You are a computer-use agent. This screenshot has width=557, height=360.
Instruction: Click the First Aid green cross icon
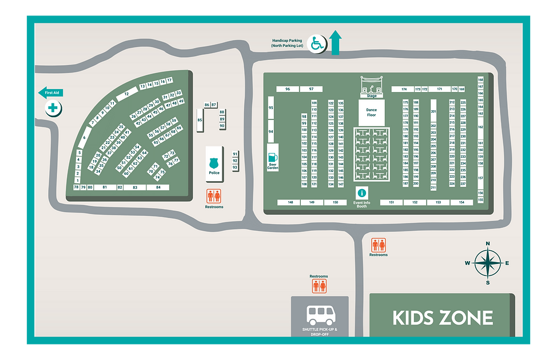coord(53,107)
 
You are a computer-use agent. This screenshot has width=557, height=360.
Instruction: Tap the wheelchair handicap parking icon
coord(316,43)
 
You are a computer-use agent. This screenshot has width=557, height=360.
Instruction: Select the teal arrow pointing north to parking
coord(336,43)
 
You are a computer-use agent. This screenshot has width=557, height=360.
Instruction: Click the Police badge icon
coord(214,162)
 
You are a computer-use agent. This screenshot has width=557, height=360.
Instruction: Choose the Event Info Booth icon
coord(361,193)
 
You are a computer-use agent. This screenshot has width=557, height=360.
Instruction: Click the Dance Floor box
coord(372,111)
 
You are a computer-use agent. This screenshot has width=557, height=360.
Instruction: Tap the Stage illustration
coord(372,86)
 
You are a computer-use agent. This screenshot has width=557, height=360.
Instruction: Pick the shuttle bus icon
coord(320,315)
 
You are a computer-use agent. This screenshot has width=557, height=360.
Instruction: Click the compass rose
coord(487,263)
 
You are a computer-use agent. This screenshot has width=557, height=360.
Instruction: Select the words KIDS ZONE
coord(443,318)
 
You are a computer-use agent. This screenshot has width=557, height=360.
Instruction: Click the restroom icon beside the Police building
coord(214,196)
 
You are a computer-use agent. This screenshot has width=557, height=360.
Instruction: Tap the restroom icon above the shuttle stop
coord(319,286)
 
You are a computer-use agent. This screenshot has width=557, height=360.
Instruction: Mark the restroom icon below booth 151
coord(379,245)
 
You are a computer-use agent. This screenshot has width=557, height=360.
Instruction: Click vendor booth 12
coord(126,93)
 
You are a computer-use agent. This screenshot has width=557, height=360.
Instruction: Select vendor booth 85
coord(200,120)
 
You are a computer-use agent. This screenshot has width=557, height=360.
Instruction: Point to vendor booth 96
coord(288,89)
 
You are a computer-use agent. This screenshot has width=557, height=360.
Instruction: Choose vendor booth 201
coord(433,111)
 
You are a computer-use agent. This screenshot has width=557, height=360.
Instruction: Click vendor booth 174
coord(403,89)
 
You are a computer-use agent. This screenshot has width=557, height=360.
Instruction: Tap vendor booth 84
coord(158,187)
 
